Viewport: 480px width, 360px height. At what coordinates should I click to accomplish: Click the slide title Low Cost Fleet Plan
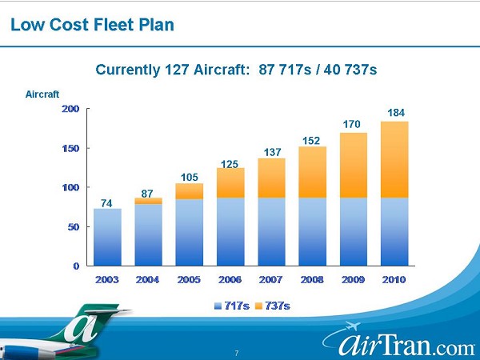[92, 25]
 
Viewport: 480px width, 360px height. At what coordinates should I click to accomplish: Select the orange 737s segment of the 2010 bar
[394, 159]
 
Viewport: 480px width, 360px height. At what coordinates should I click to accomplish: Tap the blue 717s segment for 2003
[107, 237]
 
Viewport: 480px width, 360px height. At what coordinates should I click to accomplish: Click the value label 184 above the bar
[396, 114]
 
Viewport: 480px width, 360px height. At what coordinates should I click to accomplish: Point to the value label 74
[106, 202]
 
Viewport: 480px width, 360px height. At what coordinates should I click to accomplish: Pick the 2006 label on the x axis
[230, 279]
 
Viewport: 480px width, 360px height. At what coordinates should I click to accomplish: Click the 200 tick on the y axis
[70, 109]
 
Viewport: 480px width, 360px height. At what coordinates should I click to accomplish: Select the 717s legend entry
[234, 305]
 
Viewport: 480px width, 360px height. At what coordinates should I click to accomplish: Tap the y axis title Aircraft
[42, 94]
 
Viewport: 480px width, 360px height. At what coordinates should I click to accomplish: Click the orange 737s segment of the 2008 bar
[313, 172]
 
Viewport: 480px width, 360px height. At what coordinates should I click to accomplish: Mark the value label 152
[313, 140]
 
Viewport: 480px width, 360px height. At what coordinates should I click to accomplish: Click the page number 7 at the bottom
[237, 352]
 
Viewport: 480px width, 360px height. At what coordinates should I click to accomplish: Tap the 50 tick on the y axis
[74, 227]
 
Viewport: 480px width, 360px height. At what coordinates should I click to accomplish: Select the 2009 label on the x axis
[354, 279]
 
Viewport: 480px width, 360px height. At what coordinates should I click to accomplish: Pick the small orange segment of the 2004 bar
[148, 201]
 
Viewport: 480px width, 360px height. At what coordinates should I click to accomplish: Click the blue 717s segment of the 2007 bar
[271, 231]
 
